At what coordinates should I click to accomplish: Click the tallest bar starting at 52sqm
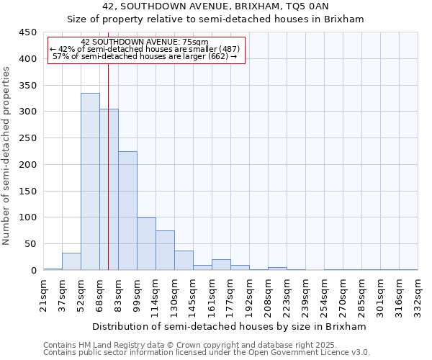point(90,181)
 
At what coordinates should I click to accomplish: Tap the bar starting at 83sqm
point(127,210)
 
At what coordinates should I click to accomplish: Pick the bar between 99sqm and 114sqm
point(146,243)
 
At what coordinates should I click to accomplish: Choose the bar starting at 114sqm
point(165,250)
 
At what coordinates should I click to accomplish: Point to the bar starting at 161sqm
point(221,264)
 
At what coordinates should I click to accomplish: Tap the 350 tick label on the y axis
point(27,85)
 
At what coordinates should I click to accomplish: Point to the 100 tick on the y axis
point(27,217)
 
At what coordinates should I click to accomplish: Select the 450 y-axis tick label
point(27,32)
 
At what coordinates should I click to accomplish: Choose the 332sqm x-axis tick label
point(418,293)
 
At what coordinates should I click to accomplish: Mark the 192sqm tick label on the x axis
point(250,293)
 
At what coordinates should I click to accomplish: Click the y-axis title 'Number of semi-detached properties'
point(7,156)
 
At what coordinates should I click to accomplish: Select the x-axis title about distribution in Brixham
point(230,326)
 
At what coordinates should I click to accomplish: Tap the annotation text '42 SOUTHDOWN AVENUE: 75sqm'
point(145,42)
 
